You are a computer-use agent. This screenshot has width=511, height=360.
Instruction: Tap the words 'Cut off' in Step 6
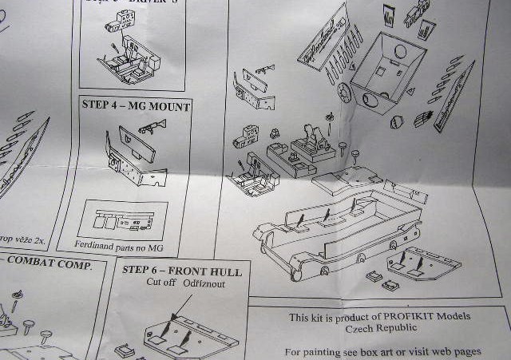[162, 283]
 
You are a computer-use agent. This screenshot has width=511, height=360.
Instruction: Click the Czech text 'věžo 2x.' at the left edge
[32, 239]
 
